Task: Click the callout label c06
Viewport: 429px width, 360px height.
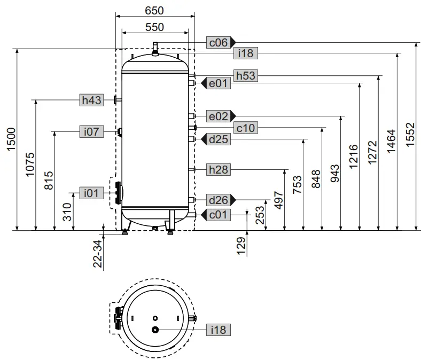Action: tap(219, 43)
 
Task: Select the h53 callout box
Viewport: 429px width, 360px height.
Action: tap(246, 76)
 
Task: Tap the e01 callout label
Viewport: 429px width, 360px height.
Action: tap(219, 83)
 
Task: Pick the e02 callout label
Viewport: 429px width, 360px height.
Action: tap(219, 116)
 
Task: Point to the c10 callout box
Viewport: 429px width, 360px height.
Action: tap(246, 128)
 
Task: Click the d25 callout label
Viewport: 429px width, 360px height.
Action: tap(219, 139)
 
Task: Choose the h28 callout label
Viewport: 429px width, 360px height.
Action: tap(219, 169)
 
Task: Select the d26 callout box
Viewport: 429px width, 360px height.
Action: tap(219, 200)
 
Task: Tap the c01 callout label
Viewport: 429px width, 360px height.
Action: tap(219, 214)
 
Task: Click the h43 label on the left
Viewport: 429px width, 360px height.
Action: tap(91, 100)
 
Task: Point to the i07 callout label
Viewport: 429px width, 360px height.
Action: tap(92, 131)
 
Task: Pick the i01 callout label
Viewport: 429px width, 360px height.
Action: tap(91, 193)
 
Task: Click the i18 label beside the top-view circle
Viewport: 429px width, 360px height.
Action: tap(219, 330)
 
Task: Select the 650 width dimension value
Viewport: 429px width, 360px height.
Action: tap(154, 10)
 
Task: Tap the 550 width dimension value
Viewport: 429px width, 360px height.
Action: tap(154, 27)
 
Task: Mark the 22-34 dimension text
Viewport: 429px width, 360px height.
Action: tap(97, 253)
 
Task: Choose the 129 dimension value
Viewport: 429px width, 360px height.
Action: tap(241, 245)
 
